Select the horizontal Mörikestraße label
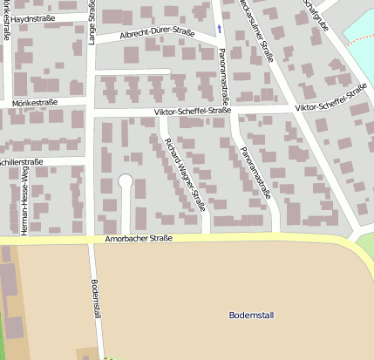pos(35,102)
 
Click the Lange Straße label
pos(92,21)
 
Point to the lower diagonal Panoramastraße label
pos(256,172)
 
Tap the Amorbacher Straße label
pos(139,238)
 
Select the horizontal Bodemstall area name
pos(250,314)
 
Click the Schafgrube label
pos(316,13)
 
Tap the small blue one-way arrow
pos(219,29)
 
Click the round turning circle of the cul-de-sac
pos(125,181)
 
